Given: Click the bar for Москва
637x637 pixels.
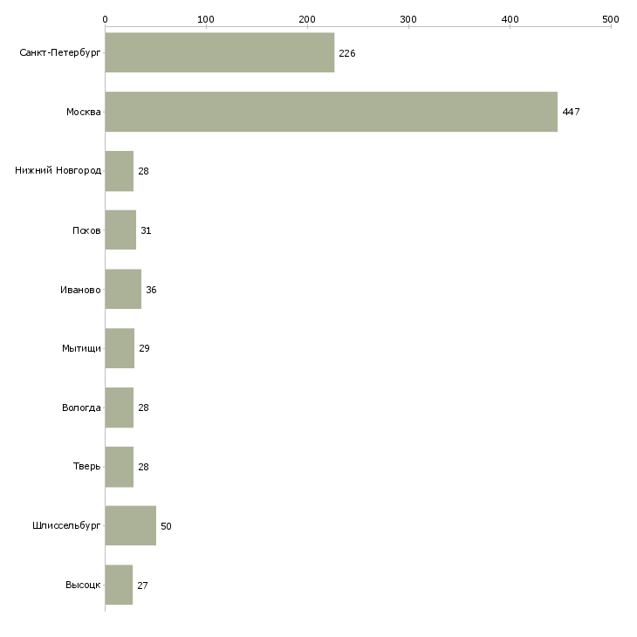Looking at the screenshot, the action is [331, 112].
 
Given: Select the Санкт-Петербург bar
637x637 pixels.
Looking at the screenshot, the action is [220, 52].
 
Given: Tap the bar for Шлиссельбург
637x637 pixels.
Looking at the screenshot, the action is [130, 525].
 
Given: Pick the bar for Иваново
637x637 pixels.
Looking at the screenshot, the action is [123, 289].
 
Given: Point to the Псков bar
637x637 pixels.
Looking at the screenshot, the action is [120, 230].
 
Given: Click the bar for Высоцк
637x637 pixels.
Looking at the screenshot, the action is [119, 585].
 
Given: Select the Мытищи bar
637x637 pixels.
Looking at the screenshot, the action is [120, 348].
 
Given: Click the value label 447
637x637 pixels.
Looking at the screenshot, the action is [571, 112].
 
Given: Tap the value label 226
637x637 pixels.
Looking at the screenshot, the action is [347, 53].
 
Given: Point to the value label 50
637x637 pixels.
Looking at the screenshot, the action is [166, 526].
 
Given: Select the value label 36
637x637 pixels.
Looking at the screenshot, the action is [151, 290].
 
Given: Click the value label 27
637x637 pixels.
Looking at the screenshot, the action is [142, 586].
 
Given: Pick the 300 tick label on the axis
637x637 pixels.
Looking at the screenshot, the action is [408, 19].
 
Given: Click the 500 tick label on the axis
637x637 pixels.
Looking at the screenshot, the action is [611, 19].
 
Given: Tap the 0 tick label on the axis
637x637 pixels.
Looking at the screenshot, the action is [106, 19].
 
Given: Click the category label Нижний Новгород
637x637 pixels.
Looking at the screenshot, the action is [58, 170].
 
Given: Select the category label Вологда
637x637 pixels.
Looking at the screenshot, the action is [81, 408].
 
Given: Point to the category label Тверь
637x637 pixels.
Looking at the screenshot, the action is [86, 466].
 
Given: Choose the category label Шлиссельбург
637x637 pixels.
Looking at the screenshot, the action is [66, 525].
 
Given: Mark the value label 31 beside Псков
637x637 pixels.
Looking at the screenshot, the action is [146, 230].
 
